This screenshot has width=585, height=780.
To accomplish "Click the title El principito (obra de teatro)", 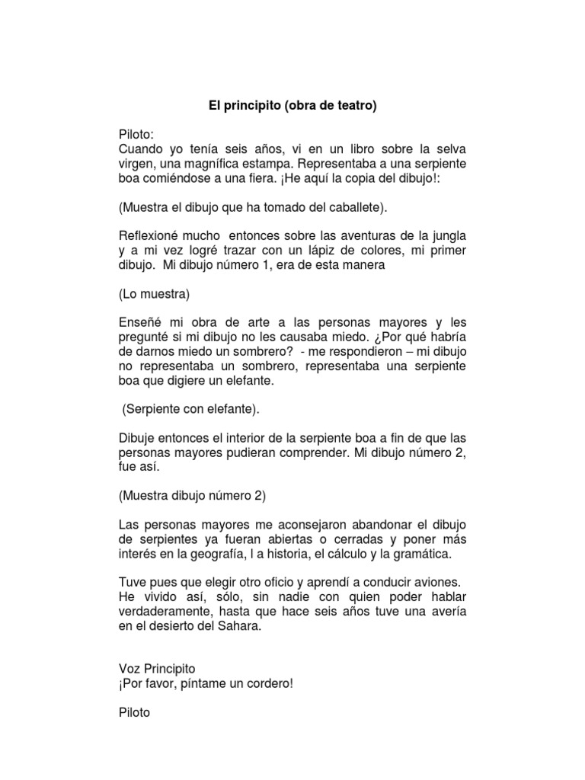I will [x=292, y=107].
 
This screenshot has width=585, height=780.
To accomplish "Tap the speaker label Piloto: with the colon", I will [x=136, y=133].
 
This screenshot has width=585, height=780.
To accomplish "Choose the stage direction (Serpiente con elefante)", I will [x=191, y=409].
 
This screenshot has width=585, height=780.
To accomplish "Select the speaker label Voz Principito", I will [x=157, y=669].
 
